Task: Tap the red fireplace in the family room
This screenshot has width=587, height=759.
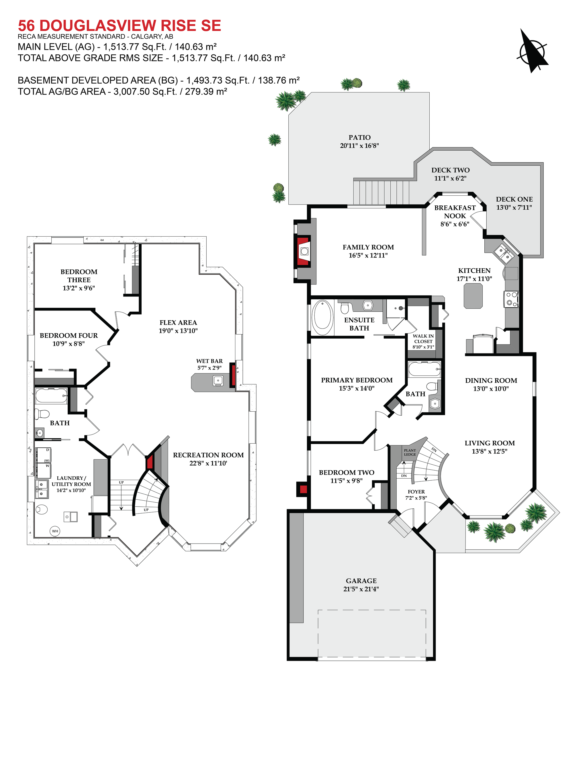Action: [x=303, y=251]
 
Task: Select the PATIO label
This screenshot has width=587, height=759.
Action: [x=360, y=137]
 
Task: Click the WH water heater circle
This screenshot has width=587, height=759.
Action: [x=55, y=531]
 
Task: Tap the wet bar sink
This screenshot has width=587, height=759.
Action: [x=218, y=381]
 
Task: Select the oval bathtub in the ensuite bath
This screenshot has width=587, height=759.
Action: [x=323, y=317]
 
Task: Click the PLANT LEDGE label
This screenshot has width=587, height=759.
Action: [x=410, y=452]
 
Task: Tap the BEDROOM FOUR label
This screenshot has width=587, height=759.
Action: [x=69, y=335]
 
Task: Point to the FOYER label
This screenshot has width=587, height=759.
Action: [x=416, y=492]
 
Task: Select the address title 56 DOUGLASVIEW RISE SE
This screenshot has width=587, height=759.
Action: [x=119, y=25]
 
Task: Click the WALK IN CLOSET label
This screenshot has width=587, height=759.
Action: [x=423, y=339]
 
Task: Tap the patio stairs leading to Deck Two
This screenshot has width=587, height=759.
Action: [x=381, y=192]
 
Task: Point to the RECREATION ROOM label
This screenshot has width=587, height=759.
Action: [x=208, y=455]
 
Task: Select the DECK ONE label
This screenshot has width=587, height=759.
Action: [x=514, y=199]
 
